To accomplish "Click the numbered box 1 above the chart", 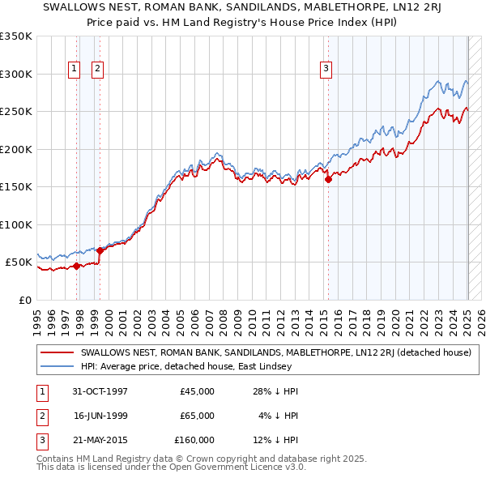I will (74, 70).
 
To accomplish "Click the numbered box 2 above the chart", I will (97, 70).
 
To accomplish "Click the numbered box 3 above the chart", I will (326, 70).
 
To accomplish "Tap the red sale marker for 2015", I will (329, 180).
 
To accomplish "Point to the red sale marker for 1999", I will (100, 250).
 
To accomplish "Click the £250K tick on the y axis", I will (16, 112).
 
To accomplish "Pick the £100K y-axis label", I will (16, 224).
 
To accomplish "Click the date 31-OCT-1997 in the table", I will (100, 391).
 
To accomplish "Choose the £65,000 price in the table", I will (198, 416).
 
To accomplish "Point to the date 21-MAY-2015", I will (100, 440).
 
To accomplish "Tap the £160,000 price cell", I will (195, 440).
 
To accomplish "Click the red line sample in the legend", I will (57, 352).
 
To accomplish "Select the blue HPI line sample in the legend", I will (57, 366).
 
